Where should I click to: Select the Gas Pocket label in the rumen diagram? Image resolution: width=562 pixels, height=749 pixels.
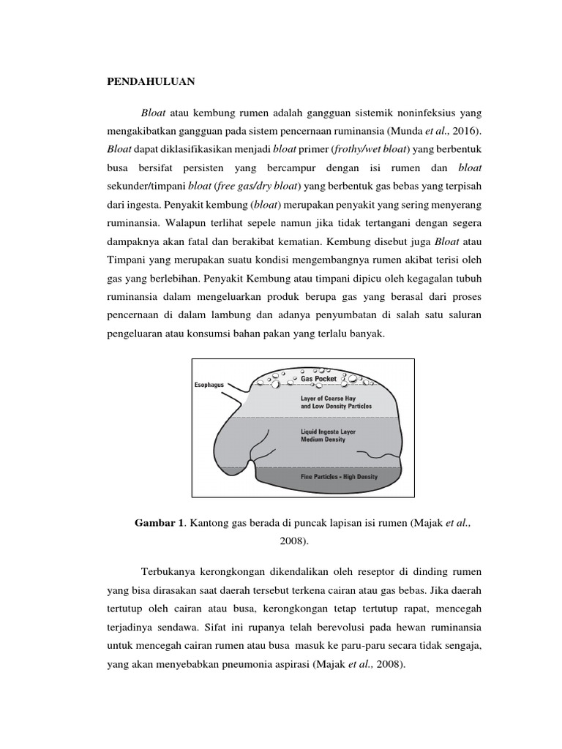pos(318,379)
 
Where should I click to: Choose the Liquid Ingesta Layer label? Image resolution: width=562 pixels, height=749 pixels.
pos(328,432)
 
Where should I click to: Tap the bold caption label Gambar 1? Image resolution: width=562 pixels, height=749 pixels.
pos(160,522)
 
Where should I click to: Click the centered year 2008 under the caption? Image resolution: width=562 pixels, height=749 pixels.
pos(290,541)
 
